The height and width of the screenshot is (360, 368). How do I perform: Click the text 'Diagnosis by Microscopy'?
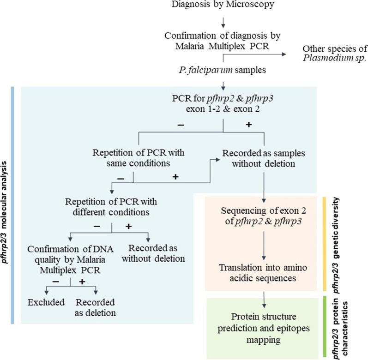(x=223, y=6)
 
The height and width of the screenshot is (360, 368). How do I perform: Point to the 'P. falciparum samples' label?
(x=223, y=70)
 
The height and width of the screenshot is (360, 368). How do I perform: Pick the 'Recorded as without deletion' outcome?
(x=148, y=253)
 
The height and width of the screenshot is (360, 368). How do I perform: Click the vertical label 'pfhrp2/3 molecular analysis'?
(x=6, y=203)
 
